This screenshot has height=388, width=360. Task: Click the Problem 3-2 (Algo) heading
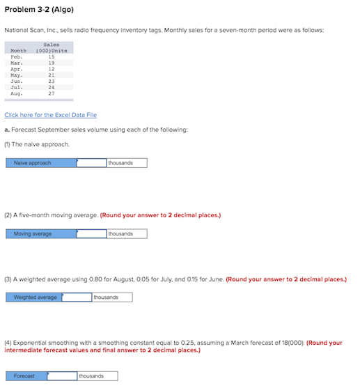point(39,9)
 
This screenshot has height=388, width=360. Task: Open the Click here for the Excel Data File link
point(50,115)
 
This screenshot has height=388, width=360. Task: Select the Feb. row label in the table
point(17,56)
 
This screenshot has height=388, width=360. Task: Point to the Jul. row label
point(17,88)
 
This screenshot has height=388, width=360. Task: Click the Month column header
point(19,50)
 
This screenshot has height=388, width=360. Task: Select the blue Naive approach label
point(40,163)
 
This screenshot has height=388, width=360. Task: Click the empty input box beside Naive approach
point(91,163)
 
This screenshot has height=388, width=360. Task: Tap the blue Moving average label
point(40,233)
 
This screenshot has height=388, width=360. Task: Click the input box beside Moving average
point(91,233)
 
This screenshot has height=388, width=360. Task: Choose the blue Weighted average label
point(33,297)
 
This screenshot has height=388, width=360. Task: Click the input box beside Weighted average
point(77,297)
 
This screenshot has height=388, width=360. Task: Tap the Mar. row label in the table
point(17,63)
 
